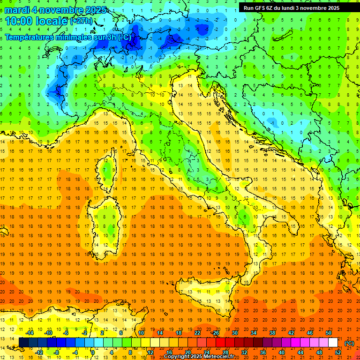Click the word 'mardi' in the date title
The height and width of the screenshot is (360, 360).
click(x=17, y=10)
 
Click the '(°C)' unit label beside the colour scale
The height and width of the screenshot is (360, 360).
click(x=349, y=343)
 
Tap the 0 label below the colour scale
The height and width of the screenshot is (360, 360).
click(x=93, y=352)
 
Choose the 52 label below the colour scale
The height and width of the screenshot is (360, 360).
click(x=338, y=352)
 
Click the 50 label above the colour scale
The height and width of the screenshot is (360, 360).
click(x=329, y=333)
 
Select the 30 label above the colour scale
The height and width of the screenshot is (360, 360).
click(x=234, y=333)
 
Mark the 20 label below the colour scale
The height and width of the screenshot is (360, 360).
click(x=187, y=352)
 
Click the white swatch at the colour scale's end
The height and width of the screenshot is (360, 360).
click(x=333, y=342)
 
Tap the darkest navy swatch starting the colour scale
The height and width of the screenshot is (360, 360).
click(x=24, y=342)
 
